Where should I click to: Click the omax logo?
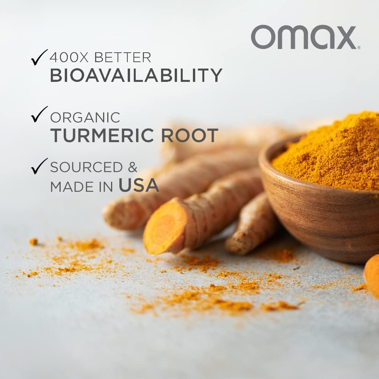[x=303, y=37]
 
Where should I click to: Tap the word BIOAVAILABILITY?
[x=136, y=75]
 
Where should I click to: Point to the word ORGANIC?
[x=85, y=117]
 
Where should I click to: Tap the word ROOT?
[x=189, y=135]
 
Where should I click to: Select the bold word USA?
[x=139, y=185]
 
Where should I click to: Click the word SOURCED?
[x=86, y=167]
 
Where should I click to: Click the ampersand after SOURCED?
[x=132, y=167]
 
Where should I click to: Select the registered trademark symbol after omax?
[x=359, y=47]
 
